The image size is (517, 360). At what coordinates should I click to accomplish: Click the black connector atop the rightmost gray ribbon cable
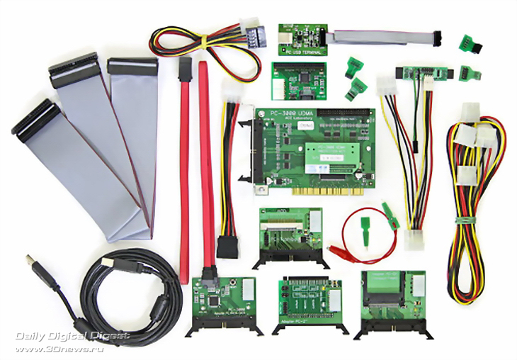(132, 67)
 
